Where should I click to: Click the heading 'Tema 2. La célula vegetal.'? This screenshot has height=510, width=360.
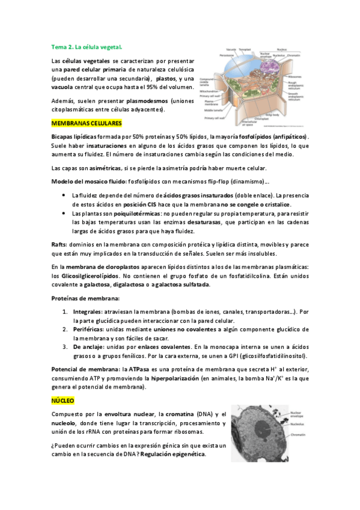(87, 46)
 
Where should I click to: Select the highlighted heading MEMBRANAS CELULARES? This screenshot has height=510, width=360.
(87, 123)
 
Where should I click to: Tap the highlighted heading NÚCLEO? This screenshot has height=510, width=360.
(63, 399)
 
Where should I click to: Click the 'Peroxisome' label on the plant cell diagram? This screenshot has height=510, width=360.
(210, 55)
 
